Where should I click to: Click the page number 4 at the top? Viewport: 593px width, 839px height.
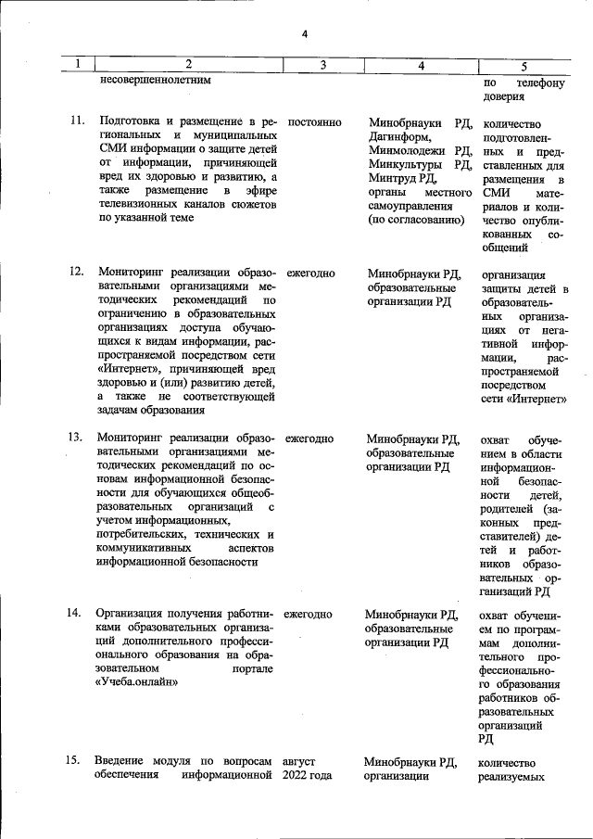[305, 34]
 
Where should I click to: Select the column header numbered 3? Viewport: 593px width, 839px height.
[322, 65]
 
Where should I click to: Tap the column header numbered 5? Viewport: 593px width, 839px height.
[524, 66]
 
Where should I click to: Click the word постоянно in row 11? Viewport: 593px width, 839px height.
[315, 122]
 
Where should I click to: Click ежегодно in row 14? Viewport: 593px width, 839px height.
[309, 614]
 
